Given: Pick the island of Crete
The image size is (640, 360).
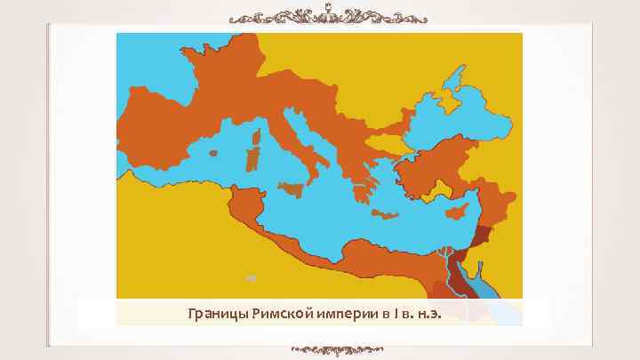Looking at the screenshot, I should click(388, 213).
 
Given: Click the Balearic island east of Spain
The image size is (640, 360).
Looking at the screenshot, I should click(212, 153).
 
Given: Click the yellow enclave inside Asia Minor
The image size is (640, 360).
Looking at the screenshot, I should click(442, 187).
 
